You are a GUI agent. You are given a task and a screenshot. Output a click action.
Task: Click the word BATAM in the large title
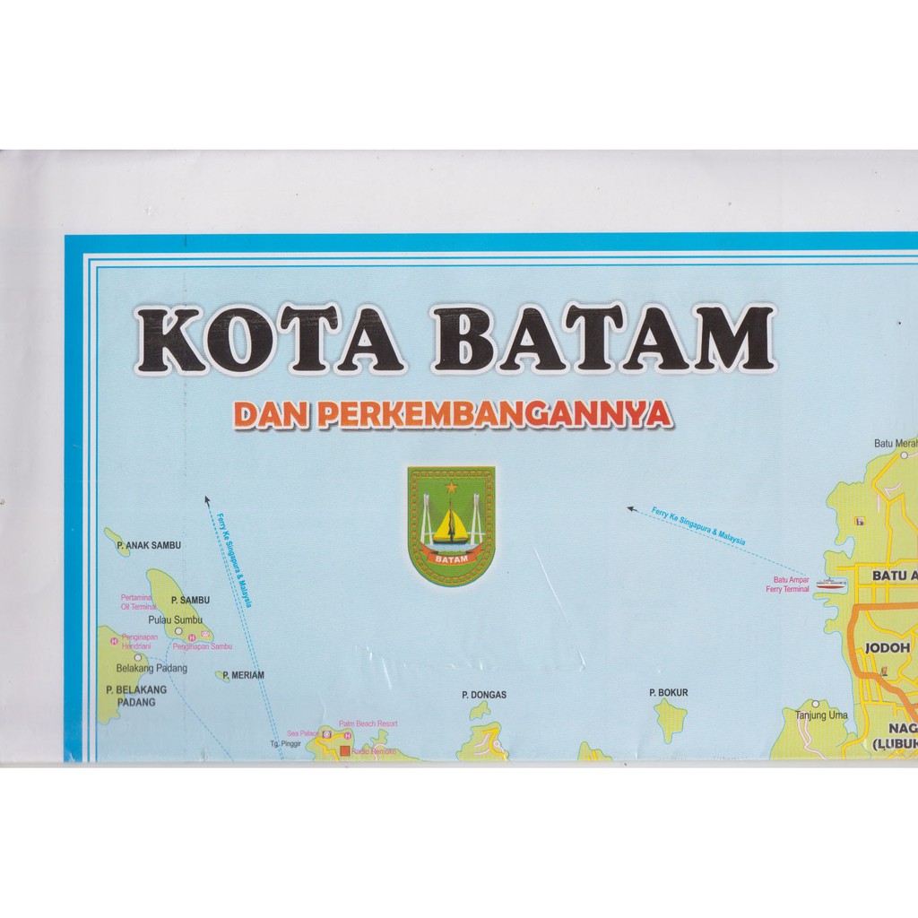[x=602, y=340]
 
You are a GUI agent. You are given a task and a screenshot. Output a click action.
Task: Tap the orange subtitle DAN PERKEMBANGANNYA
[x=453, y=414]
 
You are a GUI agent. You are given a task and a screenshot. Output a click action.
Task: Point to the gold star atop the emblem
[x=451, y=486]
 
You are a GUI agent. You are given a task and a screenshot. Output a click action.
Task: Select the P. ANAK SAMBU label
[x=149, y=545]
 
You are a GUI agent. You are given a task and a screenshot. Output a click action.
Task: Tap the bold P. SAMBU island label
[x=189, y=600]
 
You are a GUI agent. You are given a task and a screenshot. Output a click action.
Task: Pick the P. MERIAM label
[x=243, y=675]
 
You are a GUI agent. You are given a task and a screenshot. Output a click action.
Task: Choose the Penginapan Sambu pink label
[x=204, y=645]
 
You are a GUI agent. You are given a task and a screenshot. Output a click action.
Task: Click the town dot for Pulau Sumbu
[x=178, y=630]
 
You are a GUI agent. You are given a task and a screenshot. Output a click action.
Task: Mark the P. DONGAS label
[x=484, y=694]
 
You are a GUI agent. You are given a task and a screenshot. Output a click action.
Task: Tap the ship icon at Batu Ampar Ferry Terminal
[x=831, y=583]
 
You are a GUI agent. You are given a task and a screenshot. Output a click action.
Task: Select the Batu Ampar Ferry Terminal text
[x=787, y=585]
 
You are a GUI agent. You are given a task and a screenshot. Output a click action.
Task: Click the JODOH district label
[x=887, y=647]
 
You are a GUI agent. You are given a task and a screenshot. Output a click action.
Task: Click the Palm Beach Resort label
[x=368, y=723]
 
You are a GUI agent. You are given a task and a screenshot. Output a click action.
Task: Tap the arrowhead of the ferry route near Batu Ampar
[x=631, y=509]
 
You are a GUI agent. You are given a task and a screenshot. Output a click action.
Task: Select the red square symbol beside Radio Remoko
[x=344, y=749]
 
